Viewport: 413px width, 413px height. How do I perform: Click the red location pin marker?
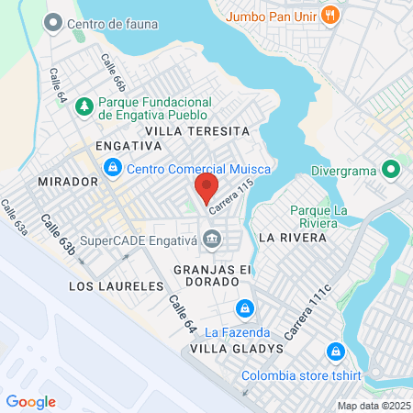pos(206,189)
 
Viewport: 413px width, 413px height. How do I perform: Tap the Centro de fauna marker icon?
pos(53,21)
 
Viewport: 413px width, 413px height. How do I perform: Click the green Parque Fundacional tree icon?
pos(84,106)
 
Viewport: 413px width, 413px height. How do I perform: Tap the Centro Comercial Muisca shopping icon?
pos(113,168)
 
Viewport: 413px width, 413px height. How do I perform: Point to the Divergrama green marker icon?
pos(391,169)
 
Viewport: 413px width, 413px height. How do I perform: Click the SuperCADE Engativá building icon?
pos(213,240)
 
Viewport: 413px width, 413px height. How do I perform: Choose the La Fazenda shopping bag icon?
pos(244,308)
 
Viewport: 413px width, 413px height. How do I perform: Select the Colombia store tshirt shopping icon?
pos(335,352)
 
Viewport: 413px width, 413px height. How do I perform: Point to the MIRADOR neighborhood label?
pos(68,182)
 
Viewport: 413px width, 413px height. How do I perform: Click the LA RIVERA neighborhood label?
pos(293,237)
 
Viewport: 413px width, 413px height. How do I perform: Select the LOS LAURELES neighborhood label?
pos(116,286)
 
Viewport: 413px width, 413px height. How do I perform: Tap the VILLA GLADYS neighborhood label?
pos(229,350)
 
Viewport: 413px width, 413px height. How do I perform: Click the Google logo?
pos(31,402)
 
